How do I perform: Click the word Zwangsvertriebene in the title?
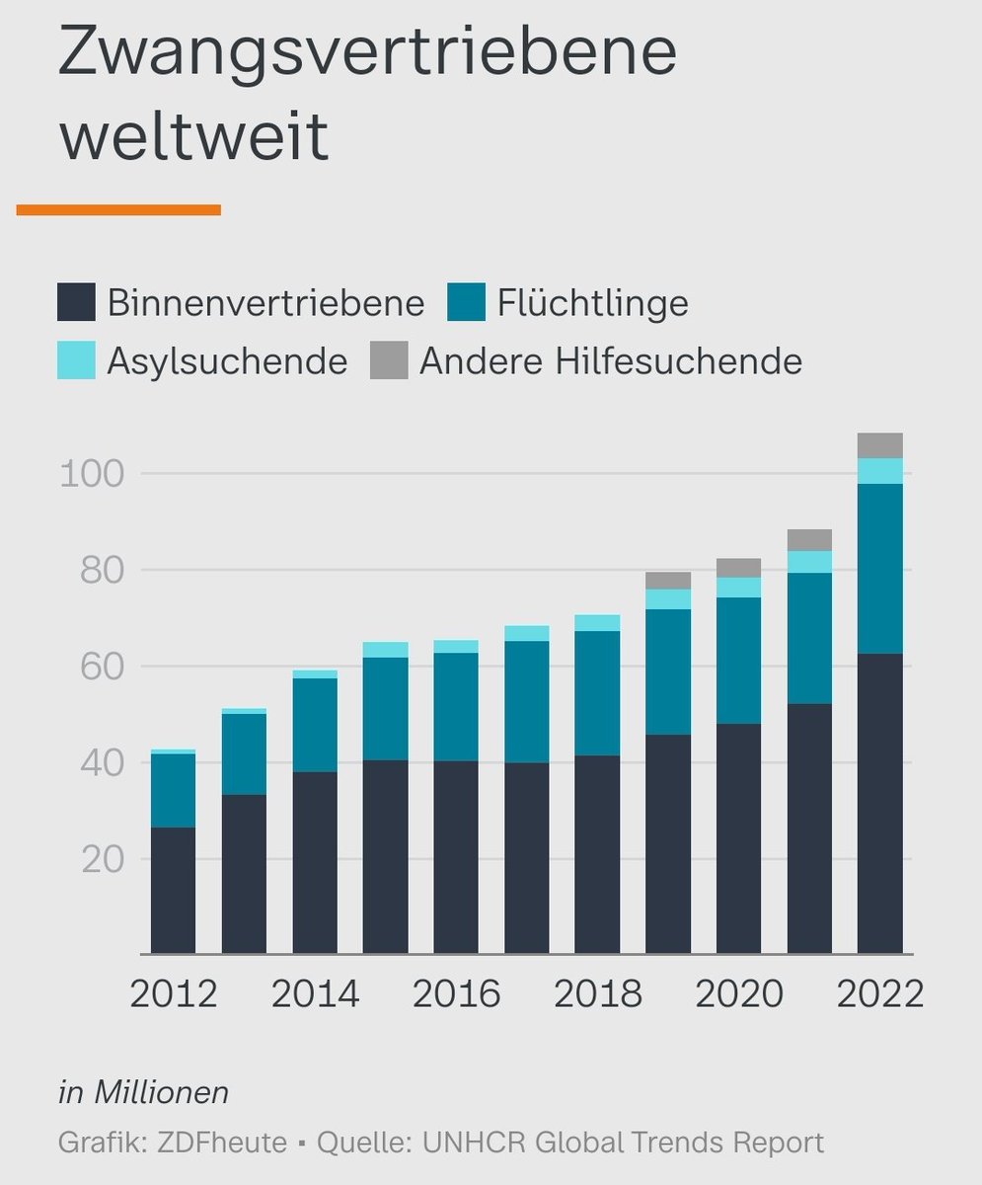pyautogui.click(x=367, y=54)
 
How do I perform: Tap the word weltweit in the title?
pyautogui.click(x=193, y=137)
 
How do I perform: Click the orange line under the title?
pyautogui.click(x=118, y=209)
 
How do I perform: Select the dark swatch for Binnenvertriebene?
pyautogui.click(x=76, y=302)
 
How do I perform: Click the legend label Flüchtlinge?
pyautogui.click(x=592, y=302)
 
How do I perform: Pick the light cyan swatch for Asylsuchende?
pyautogui.click(x=76, y=360)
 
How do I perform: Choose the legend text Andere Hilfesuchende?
pyautogui.click(x=610, y=360)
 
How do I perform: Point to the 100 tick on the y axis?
pyautogui.click(x=93, y=474)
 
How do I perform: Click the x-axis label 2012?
pyautogui.click(x=174, y=993)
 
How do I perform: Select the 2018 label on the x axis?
pyautogui.click(x=598, y=993)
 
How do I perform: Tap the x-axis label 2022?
pyautogui.click(x=879, y=993)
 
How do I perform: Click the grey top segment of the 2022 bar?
pyautogui.click(x=880, y=445)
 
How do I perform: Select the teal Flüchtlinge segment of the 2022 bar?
pyautogui.click(x=880, y=568)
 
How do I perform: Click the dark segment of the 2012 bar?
pyautogui.click(x=173, y=889)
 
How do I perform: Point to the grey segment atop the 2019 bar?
pyautogui.click(x=668, y=581)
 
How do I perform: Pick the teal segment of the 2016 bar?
pyautogui.click(x=456, y=706)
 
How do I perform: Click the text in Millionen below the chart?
pyautogui.click(x=144, y=1093)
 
